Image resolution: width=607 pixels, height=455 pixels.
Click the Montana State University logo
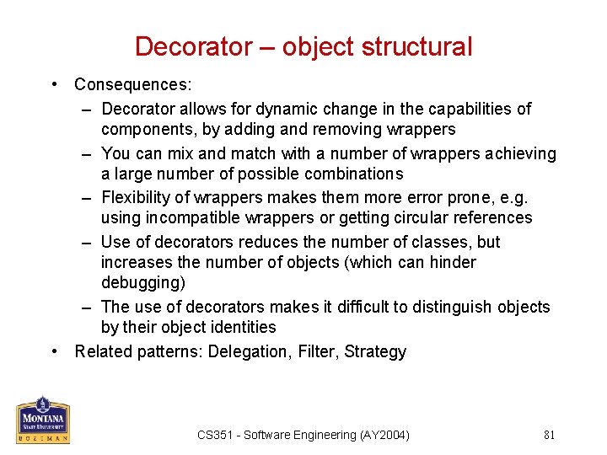tap(43, 419)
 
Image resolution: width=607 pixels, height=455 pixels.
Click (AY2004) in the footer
tap(384, 435)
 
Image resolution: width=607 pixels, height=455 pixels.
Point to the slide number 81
tap(549, 435)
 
